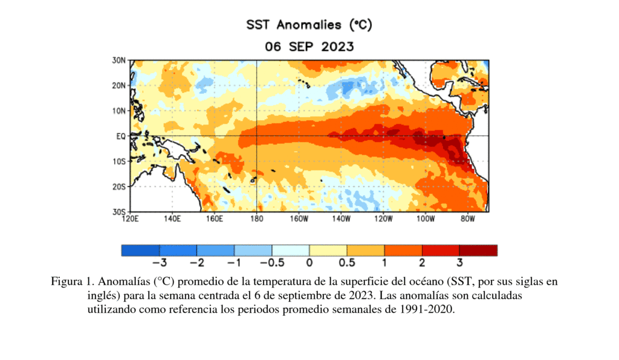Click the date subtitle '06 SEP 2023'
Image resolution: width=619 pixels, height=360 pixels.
click(x=309, y=47)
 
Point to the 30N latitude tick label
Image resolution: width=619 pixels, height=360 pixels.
click(x=118, y=60)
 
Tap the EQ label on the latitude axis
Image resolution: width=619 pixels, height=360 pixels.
click(x=120, y=137)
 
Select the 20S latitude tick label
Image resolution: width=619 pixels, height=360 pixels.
click(x=118, y=187)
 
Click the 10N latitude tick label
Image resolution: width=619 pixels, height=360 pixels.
click(x=118, y=111)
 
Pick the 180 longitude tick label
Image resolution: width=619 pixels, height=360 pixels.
click(x=256, y=219)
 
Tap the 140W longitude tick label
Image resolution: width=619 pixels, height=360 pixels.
click(x=341, y=219)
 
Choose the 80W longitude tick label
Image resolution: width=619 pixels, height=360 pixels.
click(x=467, y=219)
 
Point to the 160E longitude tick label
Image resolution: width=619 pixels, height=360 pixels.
click(x=215, y=219)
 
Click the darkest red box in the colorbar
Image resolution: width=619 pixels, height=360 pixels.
click(x=478, y=250)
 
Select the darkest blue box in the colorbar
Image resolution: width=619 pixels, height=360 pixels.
click(x=140, y=250)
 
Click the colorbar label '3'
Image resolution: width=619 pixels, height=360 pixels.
click(x=459, y=263)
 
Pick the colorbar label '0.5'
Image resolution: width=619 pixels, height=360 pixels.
click(x=347, y=263)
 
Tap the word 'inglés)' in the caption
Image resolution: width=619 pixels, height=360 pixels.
click(x=105, y=296)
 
